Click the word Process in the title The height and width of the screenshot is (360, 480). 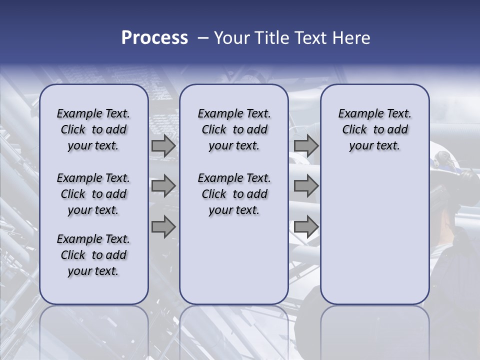154,38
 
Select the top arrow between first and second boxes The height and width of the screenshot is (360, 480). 163,146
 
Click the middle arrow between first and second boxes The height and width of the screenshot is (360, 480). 163,186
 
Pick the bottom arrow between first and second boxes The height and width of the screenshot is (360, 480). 163,227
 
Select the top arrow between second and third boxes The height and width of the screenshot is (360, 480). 306,146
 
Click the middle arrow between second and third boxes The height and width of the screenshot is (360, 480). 306,186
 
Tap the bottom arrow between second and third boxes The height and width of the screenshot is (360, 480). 306,227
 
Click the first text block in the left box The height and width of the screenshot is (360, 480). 93,129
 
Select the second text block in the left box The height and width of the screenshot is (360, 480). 93,194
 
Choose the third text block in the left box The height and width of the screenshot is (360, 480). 93,255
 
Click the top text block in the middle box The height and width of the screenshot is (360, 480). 234,129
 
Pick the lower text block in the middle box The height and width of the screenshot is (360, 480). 234,194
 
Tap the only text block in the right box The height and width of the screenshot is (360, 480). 374,129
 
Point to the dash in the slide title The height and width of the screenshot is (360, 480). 203,38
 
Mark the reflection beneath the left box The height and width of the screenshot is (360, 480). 94,330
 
